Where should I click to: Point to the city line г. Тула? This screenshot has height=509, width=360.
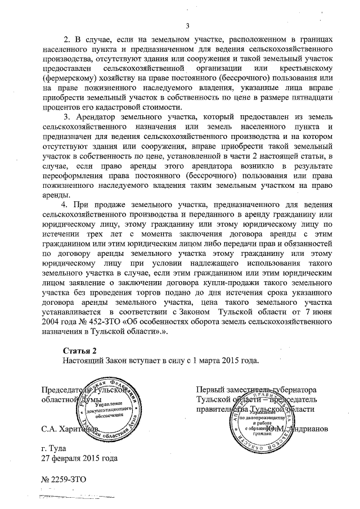pyautogui.click(x=57, y=448)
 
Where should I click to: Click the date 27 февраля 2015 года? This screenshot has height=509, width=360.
pyautogui.click(x=79, y=458)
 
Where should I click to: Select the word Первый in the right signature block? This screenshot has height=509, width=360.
pyautogui.click(x=209, y=389)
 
